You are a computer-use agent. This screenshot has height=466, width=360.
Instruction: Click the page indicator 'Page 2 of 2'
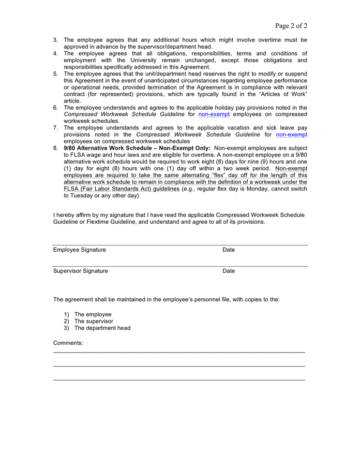pos(291,26)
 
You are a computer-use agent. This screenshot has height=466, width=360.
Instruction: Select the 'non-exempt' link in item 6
pos(214,114)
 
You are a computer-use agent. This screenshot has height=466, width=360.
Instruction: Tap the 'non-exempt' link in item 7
pos(291,135)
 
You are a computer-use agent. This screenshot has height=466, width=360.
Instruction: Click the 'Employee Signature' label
pos(79,250)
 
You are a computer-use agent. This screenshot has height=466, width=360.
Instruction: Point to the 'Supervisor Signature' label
pos(80,271)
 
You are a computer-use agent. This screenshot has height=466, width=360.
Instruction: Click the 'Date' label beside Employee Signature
pos(229,250)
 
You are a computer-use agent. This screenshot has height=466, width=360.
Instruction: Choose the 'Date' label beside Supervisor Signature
pos(229,271)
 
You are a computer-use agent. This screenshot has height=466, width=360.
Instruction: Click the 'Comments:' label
pos(68,343)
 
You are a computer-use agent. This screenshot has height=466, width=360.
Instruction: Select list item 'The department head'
pos(102,328)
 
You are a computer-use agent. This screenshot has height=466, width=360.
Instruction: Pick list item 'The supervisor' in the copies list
pos(94,322)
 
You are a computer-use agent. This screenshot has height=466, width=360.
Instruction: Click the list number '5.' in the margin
pos(56,74)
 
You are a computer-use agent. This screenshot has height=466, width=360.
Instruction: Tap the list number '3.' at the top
pos(56,40)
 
